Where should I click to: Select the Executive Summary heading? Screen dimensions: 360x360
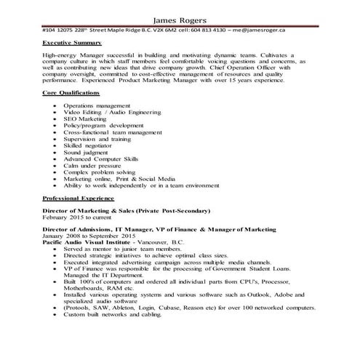pos(73,44)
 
